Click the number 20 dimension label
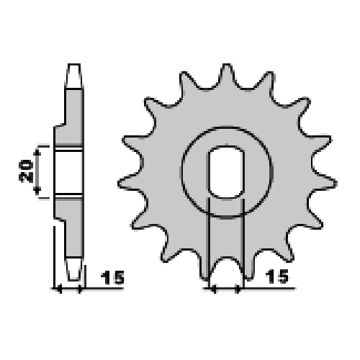pos(26,171)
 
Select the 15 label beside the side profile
pos(112,277)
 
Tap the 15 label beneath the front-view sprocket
pos(277,276)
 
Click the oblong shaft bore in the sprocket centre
pos(226,172)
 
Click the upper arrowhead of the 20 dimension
pos(37,152)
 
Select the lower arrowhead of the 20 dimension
pos(37,191)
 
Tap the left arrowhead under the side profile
pos(60,289)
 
